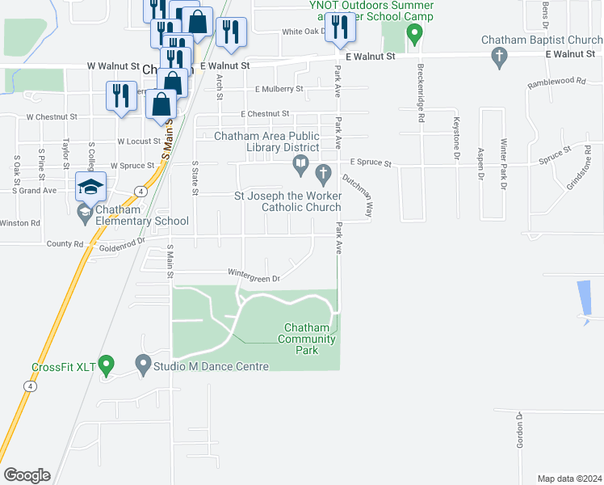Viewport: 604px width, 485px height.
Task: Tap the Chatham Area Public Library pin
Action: click(300, 167)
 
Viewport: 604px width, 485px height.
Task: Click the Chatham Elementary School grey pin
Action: click(84, 213)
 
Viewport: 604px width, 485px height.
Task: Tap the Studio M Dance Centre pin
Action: click(144, 366)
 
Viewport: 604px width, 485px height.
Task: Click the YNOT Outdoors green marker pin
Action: click(414, 35)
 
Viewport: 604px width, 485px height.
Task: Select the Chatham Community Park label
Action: click(307, 339)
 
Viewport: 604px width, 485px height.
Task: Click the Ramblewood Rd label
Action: click(556, 82)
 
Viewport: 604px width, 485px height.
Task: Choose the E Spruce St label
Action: click(370, 163)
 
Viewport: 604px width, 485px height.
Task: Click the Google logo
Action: click(27, 475)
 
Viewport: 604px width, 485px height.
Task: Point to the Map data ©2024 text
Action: click(570, 479)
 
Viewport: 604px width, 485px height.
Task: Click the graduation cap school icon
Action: click(90, 187)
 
